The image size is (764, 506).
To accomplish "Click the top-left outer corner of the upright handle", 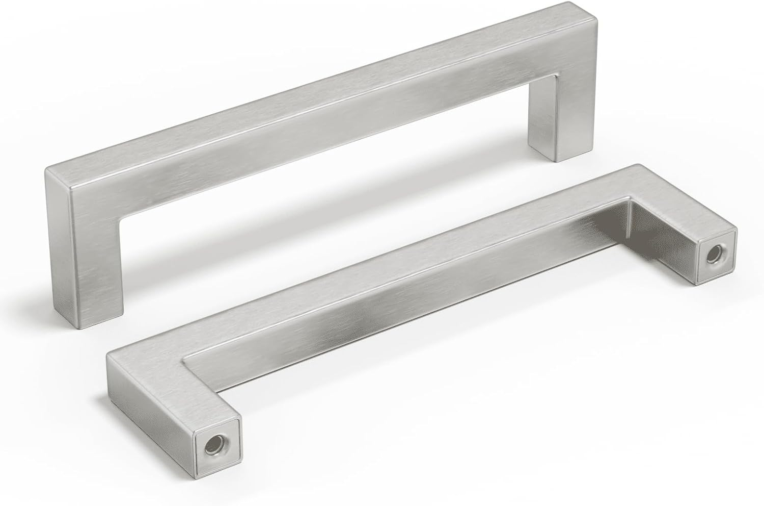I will point(48,171).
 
